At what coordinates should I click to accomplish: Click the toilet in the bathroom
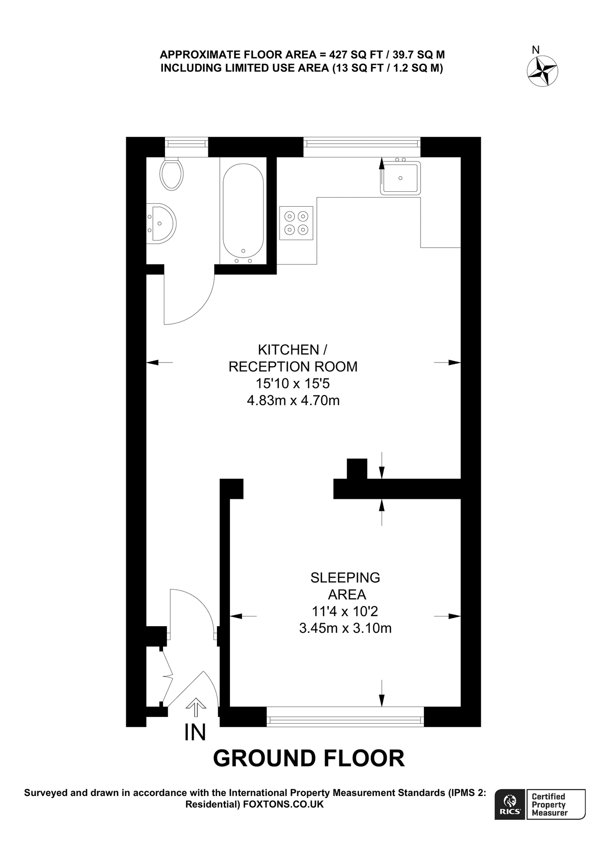coord(172,173)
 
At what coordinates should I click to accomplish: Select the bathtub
coord(243,213)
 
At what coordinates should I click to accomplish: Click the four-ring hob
coord(296,223)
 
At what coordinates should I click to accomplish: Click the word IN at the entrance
coord(195,732)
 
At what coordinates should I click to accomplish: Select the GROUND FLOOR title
coord(308,759)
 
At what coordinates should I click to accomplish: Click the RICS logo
coord(510,805)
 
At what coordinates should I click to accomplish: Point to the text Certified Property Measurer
coord(550,805)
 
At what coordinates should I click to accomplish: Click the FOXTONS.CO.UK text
coord(283,805)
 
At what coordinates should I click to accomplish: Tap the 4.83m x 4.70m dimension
coord(293,400)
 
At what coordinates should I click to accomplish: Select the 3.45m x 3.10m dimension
coord(345,628)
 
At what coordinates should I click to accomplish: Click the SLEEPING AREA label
coord(346,586)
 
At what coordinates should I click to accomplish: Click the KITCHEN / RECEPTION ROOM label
coord(293,358)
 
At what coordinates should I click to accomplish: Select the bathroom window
coord(186,147)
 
